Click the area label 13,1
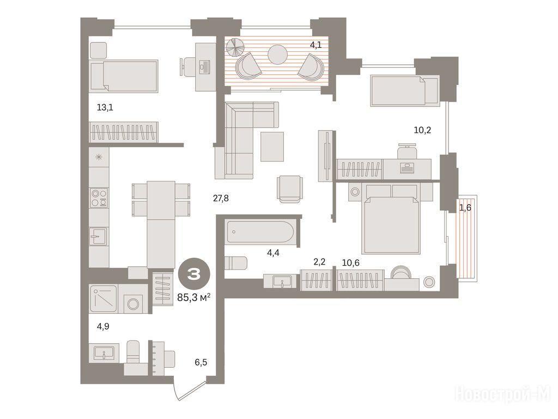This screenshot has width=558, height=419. (x=105, y=107)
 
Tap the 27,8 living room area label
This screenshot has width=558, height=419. (x=221, y=199)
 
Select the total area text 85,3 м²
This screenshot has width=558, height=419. (x=193, y=297)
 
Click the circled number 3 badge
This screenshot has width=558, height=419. (x=195, y=274)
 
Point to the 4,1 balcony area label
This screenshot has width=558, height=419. (x=316, y=45)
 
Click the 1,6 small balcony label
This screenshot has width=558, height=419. (x=465, y=207)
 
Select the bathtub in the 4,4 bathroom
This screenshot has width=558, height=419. (x=260, y=232)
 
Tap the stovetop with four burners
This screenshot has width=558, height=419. (x=99, y=198)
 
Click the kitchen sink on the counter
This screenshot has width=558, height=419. (x=98, y=236)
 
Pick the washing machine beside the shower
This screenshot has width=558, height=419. (x=133, y=304)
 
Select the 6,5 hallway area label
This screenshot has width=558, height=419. (x=201, y=363)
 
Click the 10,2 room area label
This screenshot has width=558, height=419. (x=422, y=130)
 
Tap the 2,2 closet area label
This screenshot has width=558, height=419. (x=319, y=262)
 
